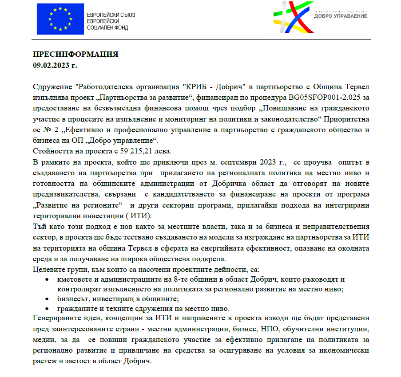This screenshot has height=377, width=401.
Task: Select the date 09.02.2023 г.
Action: tap(55, 65)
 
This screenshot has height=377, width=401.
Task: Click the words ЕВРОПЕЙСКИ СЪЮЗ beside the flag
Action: tap(111, 15)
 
